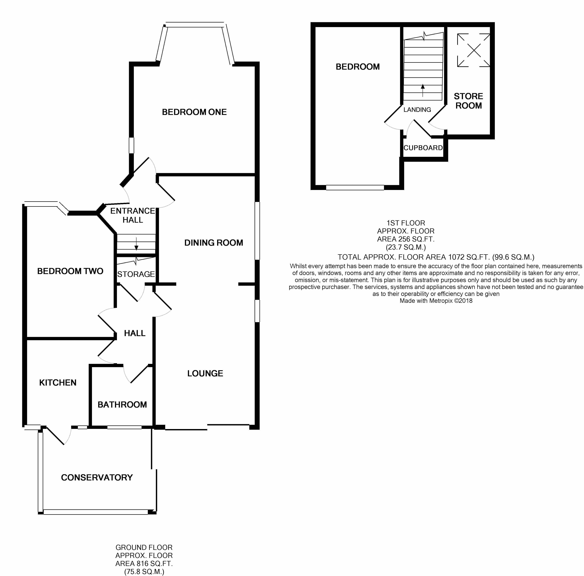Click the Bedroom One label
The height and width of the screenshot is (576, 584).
click(x=194, y=112)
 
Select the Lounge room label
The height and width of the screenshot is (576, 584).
click(x=205, y=374)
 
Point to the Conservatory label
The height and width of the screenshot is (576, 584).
click(x=97, y=477)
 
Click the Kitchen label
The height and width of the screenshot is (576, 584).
click(x=58, y=383)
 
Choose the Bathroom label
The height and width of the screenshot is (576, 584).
click(x=122, y=405)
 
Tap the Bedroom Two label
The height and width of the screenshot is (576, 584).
click(x=70, y=271)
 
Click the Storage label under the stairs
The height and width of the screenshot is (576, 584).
click(x=136, y=274)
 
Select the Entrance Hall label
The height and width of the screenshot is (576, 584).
click(x=133, y=215)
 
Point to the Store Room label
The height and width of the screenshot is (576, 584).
click(x=468, y=101)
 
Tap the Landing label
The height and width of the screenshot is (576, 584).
click(x=417, y=110)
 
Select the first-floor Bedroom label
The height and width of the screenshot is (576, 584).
click(x=358, y=67)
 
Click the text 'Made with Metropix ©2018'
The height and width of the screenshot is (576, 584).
click(x=436, y=301)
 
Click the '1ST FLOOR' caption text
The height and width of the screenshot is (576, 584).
click(x=406, y=223)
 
